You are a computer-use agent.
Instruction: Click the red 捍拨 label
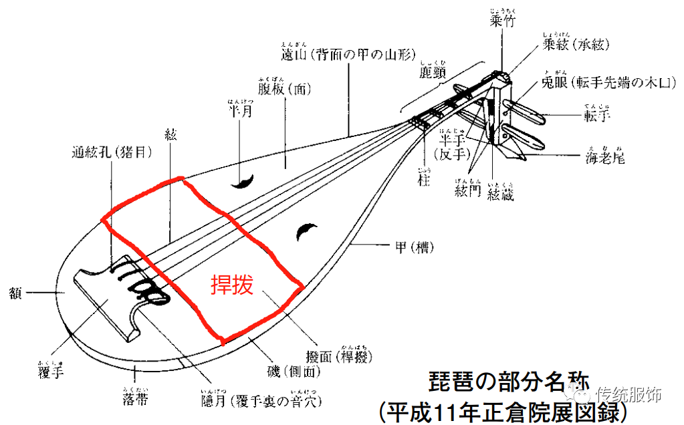click(x=232, y=285)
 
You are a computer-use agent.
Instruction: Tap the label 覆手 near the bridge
click(x=51, y=372)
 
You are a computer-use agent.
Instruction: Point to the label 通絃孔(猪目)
click(x=112, y=152)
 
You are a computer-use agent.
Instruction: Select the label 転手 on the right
click(x=597, y=117)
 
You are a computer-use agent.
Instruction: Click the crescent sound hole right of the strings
click(x=308, y=232)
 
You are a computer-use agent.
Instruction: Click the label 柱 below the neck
click(x=421, y=180)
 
